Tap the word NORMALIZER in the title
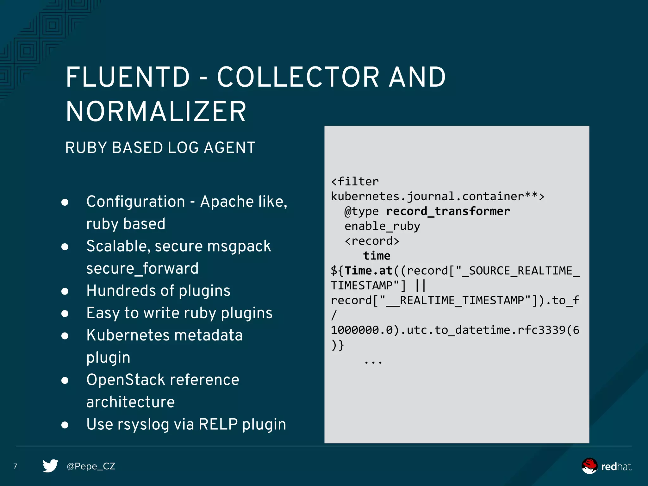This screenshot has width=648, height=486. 156,111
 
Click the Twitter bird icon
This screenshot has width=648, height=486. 50,466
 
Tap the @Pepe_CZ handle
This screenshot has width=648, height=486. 91,466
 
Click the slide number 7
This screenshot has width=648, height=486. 15,466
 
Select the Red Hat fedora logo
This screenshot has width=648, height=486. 589,466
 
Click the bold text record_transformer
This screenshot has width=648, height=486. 448,211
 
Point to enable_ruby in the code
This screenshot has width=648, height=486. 382,226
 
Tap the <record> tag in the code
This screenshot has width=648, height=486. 372,241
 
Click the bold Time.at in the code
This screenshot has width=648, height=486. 369,271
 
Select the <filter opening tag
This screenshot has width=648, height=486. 355,182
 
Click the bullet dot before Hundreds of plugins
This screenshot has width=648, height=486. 65,291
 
